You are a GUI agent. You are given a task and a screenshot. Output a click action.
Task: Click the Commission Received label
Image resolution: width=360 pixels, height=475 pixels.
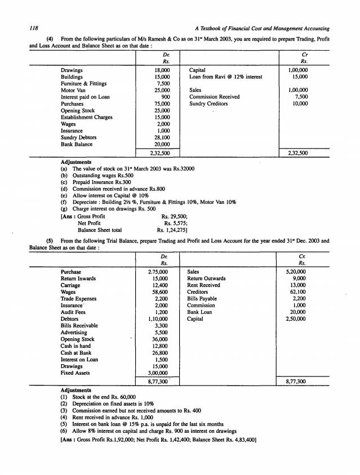215,97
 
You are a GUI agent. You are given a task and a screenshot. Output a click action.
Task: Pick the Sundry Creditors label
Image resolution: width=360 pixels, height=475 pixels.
208,104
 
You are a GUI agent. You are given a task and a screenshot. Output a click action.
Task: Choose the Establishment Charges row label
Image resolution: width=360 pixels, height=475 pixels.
87,117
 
